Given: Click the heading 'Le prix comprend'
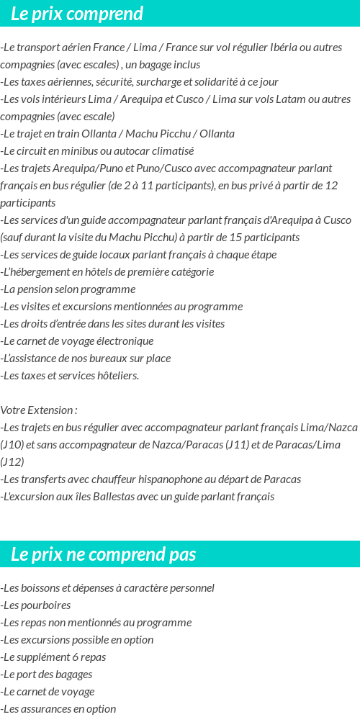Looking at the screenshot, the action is pos(77,14).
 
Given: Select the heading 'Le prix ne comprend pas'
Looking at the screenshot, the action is pos(104,554).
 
